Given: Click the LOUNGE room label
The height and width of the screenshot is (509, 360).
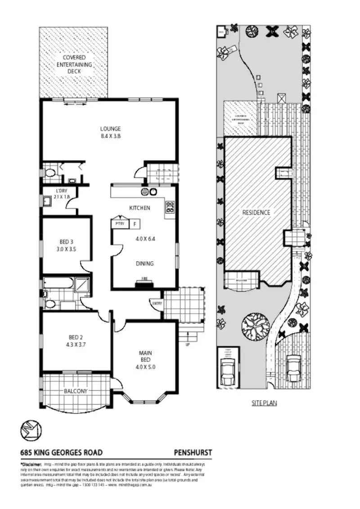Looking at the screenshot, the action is [x=110, y=128].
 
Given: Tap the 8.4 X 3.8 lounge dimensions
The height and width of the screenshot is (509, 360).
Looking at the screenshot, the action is [x=110, y=135].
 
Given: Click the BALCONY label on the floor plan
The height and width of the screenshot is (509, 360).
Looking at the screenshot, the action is [x=75, y=391].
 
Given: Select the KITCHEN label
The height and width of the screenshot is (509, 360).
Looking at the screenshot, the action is [x=139, y=208].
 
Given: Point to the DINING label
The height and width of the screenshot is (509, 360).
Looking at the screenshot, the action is [x=145, y=264].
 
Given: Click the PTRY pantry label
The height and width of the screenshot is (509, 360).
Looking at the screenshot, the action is [x=120, y=223].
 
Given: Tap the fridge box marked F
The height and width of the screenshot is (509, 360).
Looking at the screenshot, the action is [x=135, y=223].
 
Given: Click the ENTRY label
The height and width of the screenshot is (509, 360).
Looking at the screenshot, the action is [x=157, y=303].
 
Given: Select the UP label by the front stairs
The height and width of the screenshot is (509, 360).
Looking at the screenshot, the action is [x=187, y=345].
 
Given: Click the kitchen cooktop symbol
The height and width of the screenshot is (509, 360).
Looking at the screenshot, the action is [x=170, y=207].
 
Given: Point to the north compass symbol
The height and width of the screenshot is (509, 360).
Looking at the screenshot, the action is [x=31, y=430].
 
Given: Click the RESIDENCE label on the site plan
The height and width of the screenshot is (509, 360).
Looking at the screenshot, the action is [x=256, y=212].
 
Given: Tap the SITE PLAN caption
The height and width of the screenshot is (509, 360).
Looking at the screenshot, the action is [x=264, y=403].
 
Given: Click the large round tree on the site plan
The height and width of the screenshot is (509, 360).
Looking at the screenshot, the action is [x=255, y=325].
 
